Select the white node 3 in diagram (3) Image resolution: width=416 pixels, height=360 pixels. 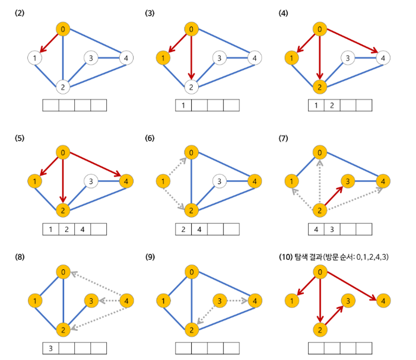(220, 58)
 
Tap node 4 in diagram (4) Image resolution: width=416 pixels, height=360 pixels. (383, 58)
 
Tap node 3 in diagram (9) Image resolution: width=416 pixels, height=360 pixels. (220, 301)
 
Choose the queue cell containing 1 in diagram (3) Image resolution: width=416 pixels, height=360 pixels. (183, 106)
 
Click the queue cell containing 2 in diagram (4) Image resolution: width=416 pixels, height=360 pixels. (332, 106)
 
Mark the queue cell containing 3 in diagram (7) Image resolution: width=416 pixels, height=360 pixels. (332, 228)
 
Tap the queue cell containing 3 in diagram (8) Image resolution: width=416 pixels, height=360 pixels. (51, 348)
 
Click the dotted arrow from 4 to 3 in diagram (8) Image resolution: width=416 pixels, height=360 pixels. (107, 301)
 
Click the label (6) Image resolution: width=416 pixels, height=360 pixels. (150, 138)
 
